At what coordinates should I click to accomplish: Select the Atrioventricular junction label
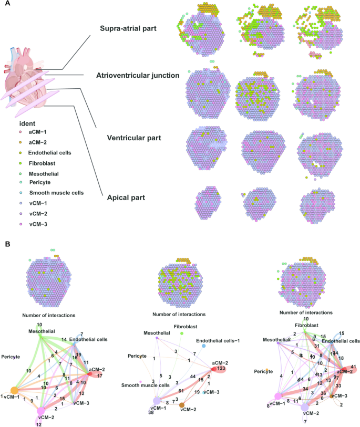[138, 76]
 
